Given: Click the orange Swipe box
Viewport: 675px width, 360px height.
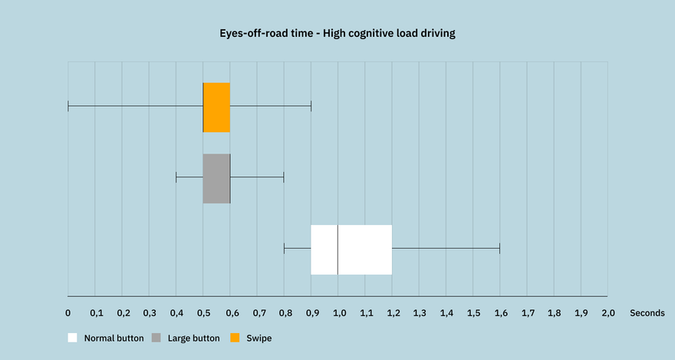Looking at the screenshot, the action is pyautogui.click(x=216, y=107).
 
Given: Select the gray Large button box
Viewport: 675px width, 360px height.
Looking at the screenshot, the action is pyautogui.click(x=216, y=178).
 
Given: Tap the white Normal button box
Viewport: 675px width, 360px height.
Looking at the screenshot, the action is pyautogui.click(x=351, y=249).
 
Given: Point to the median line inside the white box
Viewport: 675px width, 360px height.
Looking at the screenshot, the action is pyautogui.click(x=338, y=249).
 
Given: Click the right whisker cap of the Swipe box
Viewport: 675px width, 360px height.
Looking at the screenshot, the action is pyautogui.click(x=311, y=105).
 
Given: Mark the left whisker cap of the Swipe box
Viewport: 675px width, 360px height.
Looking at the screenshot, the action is pyautogui.click(x=68, y=105).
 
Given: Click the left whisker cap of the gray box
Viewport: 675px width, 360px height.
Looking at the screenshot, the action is pyautogui.click(x=176, y=177).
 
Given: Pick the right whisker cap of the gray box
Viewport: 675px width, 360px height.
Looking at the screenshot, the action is pyautogui.click(x=284, y=177).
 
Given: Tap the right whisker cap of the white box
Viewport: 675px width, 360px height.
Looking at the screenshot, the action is pyautogui.click(x=500, y=249).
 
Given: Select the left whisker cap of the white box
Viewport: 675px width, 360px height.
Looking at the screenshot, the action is pyautogui.click(x=284, y=249).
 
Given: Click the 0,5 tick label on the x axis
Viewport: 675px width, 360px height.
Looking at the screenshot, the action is pyautogui.click(x=203, y=313).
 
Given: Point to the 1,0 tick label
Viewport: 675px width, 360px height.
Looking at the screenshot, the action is pyautogui.click(x=339, y=313).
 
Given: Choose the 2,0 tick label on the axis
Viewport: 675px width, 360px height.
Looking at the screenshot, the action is pyautogui.click(x=608, y=313).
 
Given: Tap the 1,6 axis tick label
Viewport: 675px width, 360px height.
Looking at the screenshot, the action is pyautogui.click(x=501, y=313).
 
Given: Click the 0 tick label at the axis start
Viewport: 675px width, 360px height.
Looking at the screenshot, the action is pyautogui.click(x=68, y=313).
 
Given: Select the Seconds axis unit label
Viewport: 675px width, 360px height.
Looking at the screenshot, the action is pyautogui.click(x=647, y=313).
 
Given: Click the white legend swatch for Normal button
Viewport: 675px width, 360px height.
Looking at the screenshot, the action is pyautogui.click(x=72, y=338).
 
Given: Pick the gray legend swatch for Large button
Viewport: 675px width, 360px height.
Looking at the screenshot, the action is pyautogui.click(x=156, y=338).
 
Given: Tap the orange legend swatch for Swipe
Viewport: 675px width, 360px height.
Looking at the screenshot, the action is pyautogui.click(x=235, y=338).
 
